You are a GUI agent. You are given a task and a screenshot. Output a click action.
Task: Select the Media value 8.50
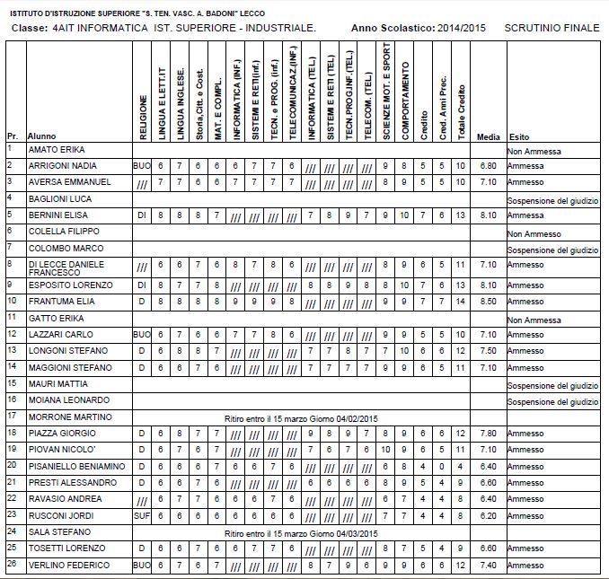click(489, 303)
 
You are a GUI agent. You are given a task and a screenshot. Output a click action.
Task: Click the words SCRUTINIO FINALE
click(552, 29)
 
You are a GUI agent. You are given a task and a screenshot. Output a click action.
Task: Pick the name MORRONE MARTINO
click(67, 417)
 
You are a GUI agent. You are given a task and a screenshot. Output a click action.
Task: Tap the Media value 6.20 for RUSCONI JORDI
click(489, 516)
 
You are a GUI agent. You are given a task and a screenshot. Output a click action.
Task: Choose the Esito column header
click(519, 136)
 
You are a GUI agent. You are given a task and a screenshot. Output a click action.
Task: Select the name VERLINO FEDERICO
click(67, 566)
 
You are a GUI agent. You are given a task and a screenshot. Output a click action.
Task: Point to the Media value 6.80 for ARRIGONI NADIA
click(489, 166)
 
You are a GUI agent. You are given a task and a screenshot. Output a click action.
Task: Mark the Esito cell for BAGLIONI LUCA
click(552, 200)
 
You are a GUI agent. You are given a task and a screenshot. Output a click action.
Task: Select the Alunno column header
click(42, 136)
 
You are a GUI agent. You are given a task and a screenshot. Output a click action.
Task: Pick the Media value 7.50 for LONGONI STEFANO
click(489, 351)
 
